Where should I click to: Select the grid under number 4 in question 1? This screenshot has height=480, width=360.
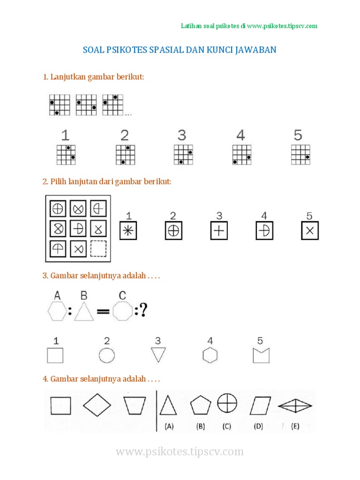pos(241,154)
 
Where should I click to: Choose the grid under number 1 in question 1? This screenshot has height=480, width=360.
pos(66,154)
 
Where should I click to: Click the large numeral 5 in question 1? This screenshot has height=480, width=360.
pos(298,135)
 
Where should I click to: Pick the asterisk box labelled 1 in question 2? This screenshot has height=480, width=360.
pos(127,231)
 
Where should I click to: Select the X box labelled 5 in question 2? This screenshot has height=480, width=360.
pos(309,231)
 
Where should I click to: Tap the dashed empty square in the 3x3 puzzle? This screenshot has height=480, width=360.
pos(98,248)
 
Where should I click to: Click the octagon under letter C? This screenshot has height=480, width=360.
pos(123,310)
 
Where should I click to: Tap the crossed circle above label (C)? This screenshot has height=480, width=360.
pos(227,403)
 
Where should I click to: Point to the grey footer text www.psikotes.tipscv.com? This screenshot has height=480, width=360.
pos(180,452)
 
